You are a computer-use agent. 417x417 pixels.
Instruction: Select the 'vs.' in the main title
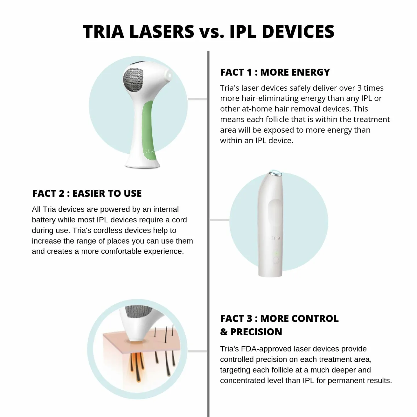212,32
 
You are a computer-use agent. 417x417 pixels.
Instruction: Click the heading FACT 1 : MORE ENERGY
275,72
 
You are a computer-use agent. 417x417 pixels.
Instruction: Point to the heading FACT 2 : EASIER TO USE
87,193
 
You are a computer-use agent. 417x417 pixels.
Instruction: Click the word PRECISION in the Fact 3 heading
256,332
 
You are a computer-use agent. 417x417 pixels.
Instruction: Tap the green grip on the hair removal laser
148,127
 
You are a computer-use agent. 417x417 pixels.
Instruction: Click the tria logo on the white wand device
276,238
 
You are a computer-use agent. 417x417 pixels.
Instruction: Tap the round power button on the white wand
276,260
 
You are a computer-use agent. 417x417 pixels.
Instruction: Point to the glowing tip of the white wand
275,173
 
